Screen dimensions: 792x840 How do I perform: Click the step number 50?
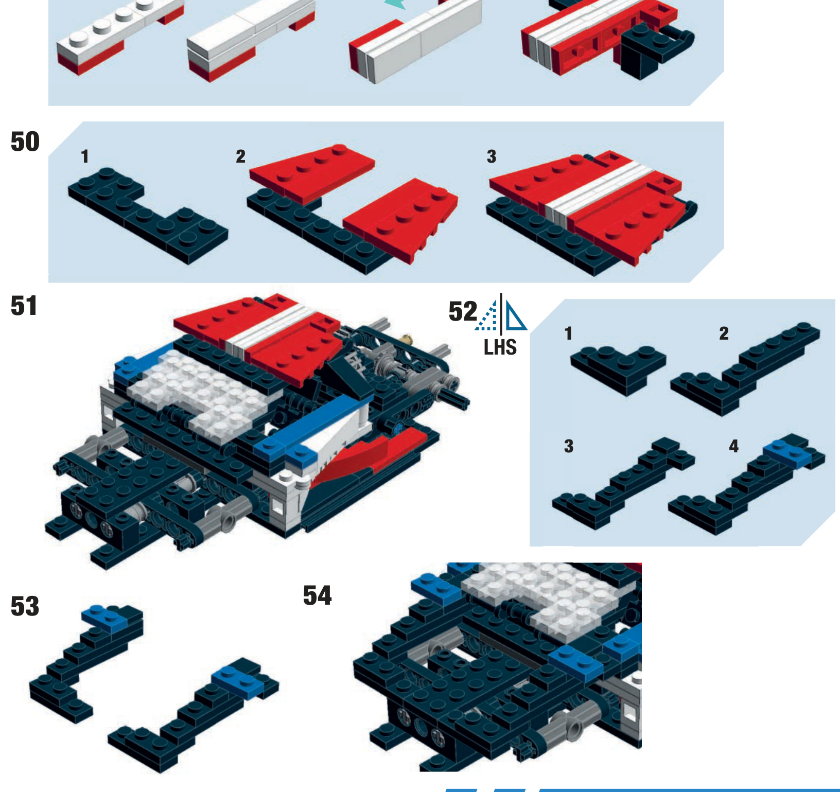click(25, 142)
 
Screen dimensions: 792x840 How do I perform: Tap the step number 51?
click(24, 306)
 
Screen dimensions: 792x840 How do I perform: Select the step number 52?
click(463, 311)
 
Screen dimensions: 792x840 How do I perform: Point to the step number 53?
click(25, 606)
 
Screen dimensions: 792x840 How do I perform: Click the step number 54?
click(317, 595)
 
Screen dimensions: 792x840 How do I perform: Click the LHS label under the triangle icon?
click(500, 347)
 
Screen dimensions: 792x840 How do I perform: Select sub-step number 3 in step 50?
click(492, 156)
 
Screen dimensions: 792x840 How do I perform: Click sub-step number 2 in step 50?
click(240, 156)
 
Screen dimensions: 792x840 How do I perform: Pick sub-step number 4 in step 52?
click(733, 446)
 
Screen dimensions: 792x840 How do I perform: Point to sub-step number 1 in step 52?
click(568, 333)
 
